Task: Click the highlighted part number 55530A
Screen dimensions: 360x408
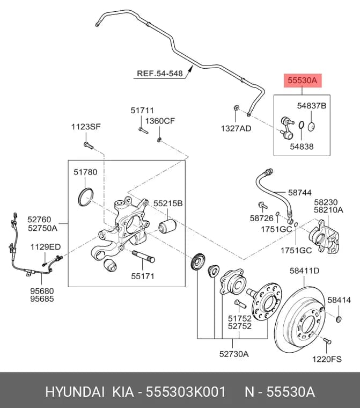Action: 302,81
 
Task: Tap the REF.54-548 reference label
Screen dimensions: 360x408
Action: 160,74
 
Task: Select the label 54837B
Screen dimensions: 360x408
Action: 312,106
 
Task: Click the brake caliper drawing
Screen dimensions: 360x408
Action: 324,237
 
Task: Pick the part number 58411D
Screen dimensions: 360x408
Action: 304,271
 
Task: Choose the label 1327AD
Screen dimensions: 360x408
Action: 236,128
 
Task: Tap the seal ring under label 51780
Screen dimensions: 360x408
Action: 86,196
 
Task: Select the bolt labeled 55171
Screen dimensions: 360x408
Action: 144,256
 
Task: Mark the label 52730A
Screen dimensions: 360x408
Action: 234,354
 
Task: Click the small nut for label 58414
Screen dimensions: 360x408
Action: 339,319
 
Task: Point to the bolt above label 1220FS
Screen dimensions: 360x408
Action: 327,340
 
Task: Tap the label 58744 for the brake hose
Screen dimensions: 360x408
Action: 300,193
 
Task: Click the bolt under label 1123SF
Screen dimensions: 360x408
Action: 88,145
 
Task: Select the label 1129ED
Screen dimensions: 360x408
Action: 46,246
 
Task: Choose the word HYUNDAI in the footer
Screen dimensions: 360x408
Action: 75,391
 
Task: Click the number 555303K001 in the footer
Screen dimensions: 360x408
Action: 186,391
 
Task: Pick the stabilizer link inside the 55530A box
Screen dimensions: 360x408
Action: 288,128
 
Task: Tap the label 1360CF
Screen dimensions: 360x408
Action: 160,121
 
